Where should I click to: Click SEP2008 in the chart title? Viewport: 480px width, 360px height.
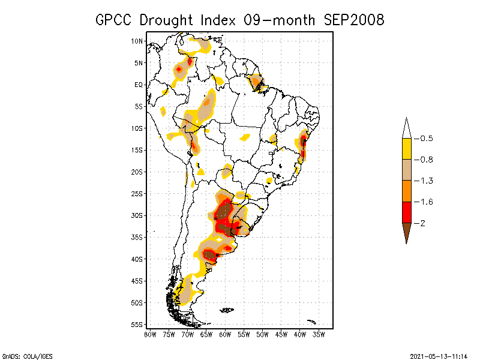[353, 20]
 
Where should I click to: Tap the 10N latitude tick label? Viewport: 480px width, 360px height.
[137, 41]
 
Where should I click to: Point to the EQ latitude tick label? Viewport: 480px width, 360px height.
[139, 85]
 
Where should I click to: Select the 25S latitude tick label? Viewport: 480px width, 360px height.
[137, 194]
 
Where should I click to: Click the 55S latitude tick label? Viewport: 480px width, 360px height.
[137, 325]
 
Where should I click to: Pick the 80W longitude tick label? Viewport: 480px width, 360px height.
[150, 334]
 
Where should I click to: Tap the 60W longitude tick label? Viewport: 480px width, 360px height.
[225, 334]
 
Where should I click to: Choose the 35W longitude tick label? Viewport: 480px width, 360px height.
[319, 334]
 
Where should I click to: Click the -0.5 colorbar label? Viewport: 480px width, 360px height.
[426, 139]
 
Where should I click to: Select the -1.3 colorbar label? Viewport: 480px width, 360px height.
[426, 181]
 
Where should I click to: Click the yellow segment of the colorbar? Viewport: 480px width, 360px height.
[406, 149]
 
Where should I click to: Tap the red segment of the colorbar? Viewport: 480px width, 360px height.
[406, 212]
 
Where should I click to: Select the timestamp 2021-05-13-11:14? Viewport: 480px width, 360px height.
[439, 355]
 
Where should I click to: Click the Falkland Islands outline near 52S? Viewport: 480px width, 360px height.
[227, 310]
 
